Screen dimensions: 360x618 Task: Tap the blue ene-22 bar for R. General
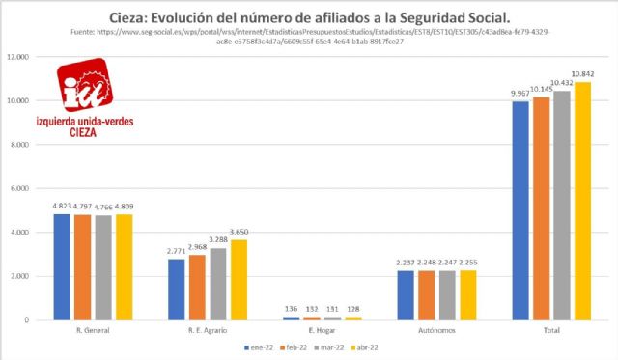(60, 266)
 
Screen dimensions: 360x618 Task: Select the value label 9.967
(520, 93)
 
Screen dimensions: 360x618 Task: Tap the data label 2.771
(175, 251)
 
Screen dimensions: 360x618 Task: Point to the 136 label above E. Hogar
(291, 309)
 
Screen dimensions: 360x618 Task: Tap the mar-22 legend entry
(331, 346)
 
